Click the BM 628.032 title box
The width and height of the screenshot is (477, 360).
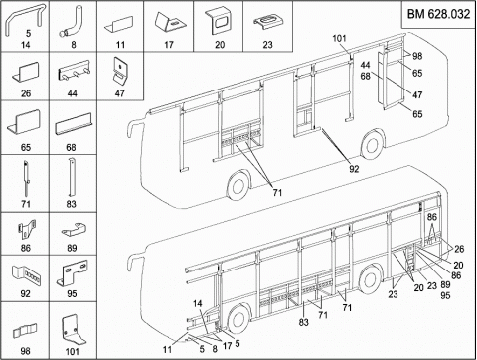[x=438, y=14]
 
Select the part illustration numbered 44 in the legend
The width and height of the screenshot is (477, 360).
[x=75, y=70]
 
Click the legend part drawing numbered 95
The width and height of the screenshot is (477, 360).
[x=72, y=273]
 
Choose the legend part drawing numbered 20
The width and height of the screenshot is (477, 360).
[x=218, y=21]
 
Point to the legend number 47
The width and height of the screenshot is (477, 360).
[x=119, y=93]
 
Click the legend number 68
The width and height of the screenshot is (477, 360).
[x=71, y=147]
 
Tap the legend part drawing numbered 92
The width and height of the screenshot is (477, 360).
[x=28, y=275]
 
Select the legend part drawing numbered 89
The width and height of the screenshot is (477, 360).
[x=74, y=230]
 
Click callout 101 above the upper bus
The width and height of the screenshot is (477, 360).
[x=339, y=38]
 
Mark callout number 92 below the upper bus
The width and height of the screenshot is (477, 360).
[x=354, y=169]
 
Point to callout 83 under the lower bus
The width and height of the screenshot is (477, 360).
[x=303, y=322]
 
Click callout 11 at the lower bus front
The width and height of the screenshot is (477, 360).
[x=167, y=349]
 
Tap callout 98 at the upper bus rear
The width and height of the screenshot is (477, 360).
[x=417, y=56]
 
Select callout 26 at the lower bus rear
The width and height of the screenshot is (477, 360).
[x=459, y=249]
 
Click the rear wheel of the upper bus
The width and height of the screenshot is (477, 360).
[x=373, y=146]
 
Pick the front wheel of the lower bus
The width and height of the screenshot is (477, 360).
[x=238, y=320]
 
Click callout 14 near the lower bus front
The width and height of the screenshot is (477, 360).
[x=198, y=303]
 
